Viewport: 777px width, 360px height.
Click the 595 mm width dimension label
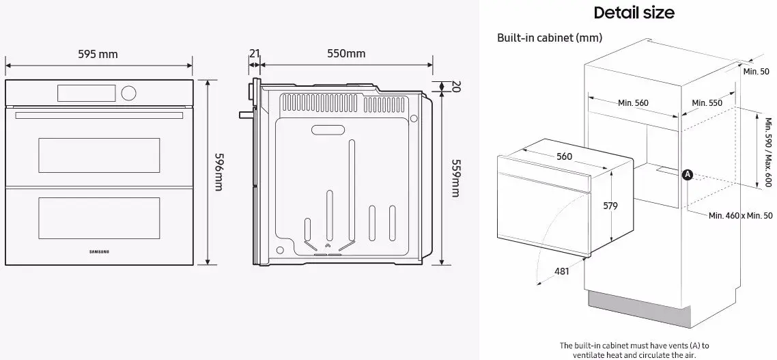tap(98, 54)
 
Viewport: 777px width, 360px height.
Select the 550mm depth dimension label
tap(346, 54)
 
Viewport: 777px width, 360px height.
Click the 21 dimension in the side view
tap(254, 54)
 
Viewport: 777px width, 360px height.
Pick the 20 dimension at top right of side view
tap(456, 87)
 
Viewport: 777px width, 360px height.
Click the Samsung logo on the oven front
tap(99, 251)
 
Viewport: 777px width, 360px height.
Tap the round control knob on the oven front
tap(128, 92)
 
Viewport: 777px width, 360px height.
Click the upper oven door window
tap(99, 154)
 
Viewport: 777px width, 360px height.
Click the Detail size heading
tap(634, 12)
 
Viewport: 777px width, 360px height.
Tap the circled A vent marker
tap(688, 175)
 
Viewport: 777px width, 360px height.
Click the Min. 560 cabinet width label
tap(633, 103)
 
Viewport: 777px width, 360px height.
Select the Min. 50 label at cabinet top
tap(756, 72)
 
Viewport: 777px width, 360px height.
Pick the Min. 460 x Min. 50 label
tap(740, 216)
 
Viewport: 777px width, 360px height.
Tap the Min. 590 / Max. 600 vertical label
tap(768, 152)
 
